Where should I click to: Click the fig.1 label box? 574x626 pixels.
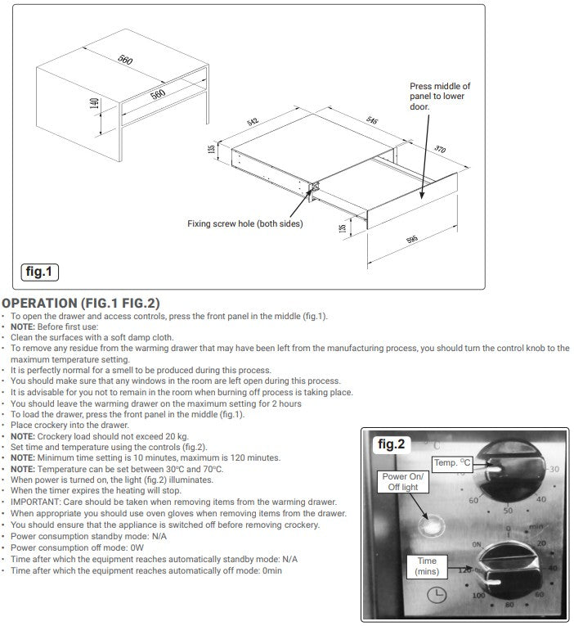pyautogui.click(x=39, y=272)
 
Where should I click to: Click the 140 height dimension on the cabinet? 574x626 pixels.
pyautogui.click(x=95, y=104)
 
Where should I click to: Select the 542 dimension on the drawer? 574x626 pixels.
pyautogui.click(x=253, y=122)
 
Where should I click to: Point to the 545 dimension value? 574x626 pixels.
pyautogui.click(x=370, y=120)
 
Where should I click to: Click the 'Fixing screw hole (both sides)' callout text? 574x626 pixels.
pyautogui.click(x=244, y=223)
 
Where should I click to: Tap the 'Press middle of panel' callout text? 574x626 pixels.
pyautogui.click(x=440, y=96)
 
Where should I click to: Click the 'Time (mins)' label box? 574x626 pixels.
pyautogui.click(x=427, y=566)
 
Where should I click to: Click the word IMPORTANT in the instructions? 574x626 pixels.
pyautogui.click(x=35, y=501)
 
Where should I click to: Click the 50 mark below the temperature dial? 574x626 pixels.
pyautogui.click(x=508, y=510)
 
